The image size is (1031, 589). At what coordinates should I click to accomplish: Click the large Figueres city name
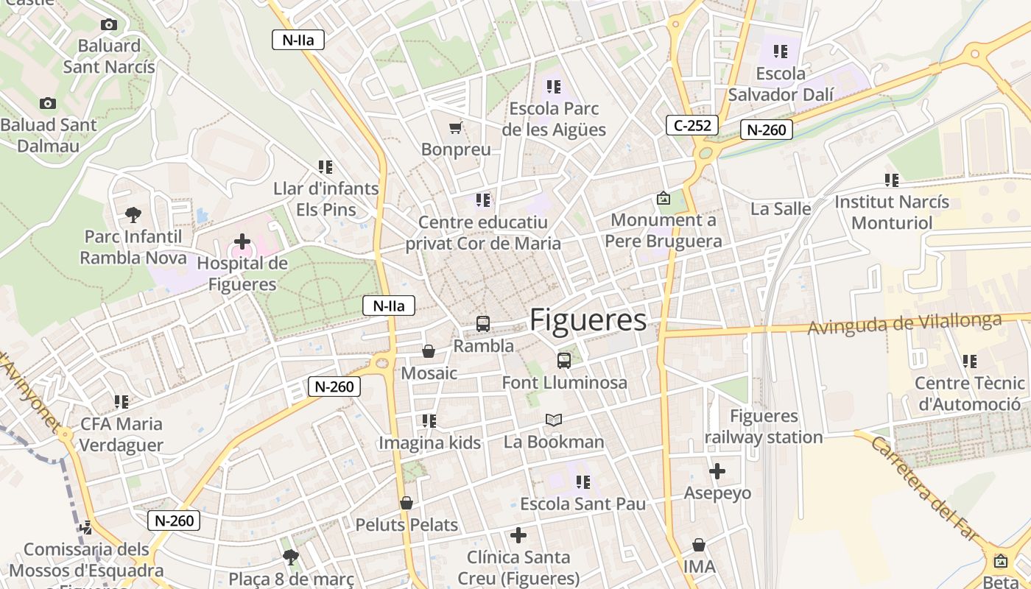[588, 320]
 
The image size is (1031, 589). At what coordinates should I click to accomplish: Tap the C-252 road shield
[692, 125]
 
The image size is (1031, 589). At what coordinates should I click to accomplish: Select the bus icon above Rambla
[483, 323]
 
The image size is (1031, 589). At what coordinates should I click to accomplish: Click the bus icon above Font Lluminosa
[564, 360]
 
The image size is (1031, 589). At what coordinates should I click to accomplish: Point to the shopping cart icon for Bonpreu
[455, 128]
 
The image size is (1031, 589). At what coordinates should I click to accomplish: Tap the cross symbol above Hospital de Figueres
[242, 241]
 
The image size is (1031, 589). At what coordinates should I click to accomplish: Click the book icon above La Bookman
[554, 420]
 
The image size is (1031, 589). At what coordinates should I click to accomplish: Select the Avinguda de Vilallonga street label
[905, 324]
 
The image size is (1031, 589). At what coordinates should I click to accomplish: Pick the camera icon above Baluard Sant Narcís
[109, 25]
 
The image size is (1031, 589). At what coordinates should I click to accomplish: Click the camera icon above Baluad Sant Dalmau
[48, 103]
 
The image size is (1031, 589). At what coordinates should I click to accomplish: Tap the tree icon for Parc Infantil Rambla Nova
[133, 215]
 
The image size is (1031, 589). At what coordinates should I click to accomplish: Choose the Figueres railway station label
[764, 427]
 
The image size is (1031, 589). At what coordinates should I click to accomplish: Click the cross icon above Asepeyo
[717, 471]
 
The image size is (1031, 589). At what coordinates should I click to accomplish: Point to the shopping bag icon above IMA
[699, 545]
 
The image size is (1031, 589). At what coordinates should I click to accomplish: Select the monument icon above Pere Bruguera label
[664, 198]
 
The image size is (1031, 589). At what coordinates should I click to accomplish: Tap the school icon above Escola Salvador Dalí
[781, 52]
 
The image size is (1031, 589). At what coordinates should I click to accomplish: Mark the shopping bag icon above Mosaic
[429, 352]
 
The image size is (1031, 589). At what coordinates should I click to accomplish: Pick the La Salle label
[781, 209]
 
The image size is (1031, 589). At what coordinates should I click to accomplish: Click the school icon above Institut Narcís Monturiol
[892, 180]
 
